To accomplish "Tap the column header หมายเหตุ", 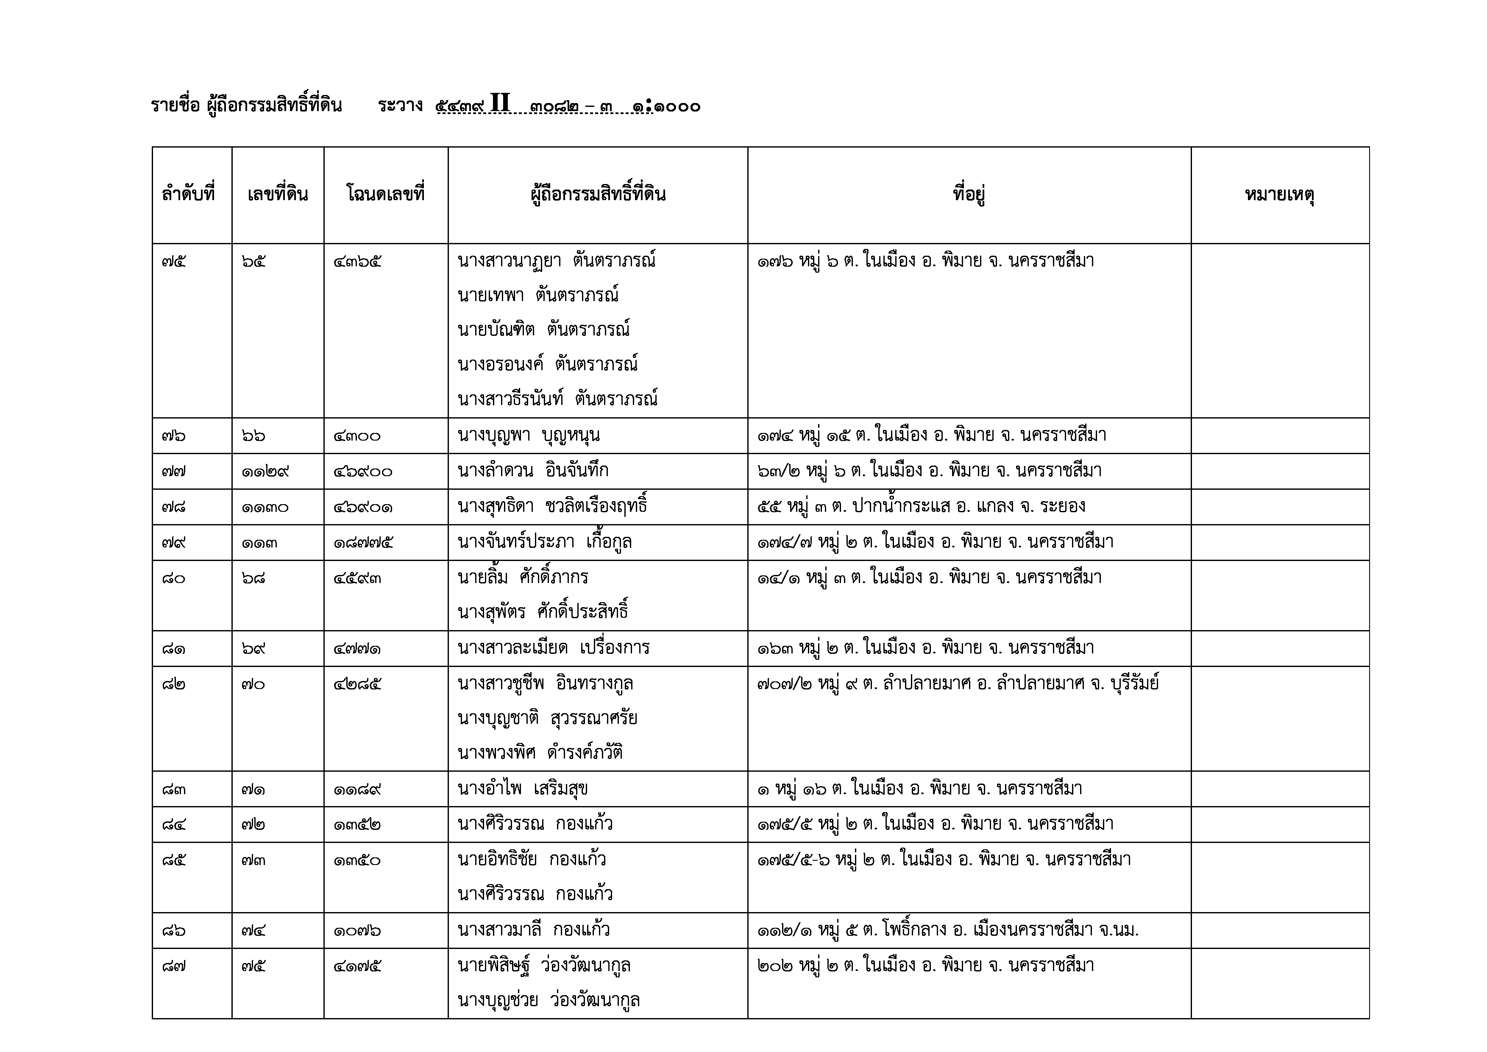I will tap(1279, 194).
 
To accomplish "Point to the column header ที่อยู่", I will tap(969, 194).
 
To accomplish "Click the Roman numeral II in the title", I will tap(500, 103).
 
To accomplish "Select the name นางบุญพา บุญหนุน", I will tap(529, 435).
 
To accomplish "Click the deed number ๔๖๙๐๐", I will tap(363, 472).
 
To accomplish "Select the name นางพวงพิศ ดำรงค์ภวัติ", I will tap(540, 753).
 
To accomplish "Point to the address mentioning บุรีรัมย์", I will tap(957, 684).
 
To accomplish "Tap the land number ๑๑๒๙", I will tap(265, 472).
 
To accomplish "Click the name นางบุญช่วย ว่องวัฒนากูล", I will tap(549, 1000).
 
